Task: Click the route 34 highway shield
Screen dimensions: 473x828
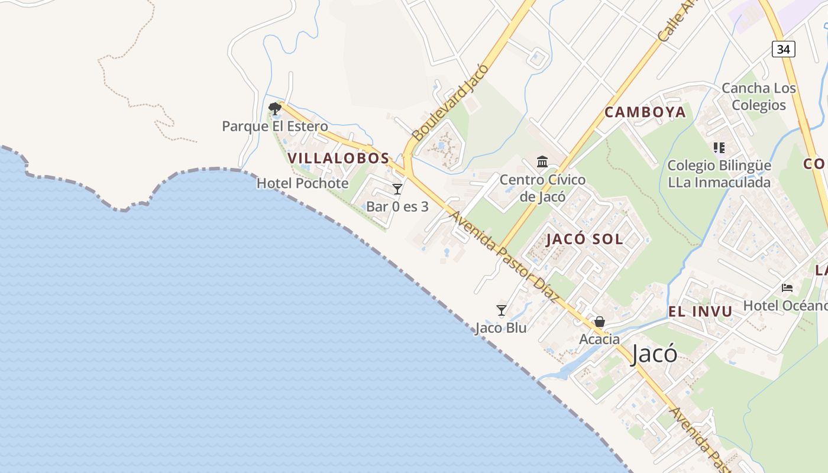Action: click(783, 49)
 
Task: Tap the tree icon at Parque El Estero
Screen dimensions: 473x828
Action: click(274, 108)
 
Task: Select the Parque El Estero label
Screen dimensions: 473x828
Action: click(274, 126)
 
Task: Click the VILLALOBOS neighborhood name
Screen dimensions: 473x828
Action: click(338, 158)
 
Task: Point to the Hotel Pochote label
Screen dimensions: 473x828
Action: click(302, 183)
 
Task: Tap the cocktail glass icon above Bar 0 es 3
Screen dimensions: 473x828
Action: click(397, 189)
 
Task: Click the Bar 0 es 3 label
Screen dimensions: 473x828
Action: click(397, 206)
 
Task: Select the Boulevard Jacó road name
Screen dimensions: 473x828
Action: click(451, 102)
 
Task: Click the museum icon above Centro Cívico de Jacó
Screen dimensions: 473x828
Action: click(542, 161)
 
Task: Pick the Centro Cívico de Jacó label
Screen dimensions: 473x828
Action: click(542, 187)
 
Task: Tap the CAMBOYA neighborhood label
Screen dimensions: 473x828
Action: click(645, 112)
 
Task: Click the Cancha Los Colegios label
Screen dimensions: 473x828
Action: click(759, 96)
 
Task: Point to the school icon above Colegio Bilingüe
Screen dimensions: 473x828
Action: click(719, 148)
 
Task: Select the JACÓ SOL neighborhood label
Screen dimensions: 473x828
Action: click(584, 239)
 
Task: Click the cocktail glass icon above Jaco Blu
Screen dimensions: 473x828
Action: click(502, 310)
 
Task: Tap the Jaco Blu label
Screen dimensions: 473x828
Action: click(500, 328)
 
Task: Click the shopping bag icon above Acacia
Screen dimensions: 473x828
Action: click(600, 322)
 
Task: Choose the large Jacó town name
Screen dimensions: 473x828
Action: click(654, 354)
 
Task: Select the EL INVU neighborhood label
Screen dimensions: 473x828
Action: click(700, 312)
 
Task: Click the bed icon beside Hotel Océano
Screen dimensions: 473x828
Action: click(787, 288)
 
